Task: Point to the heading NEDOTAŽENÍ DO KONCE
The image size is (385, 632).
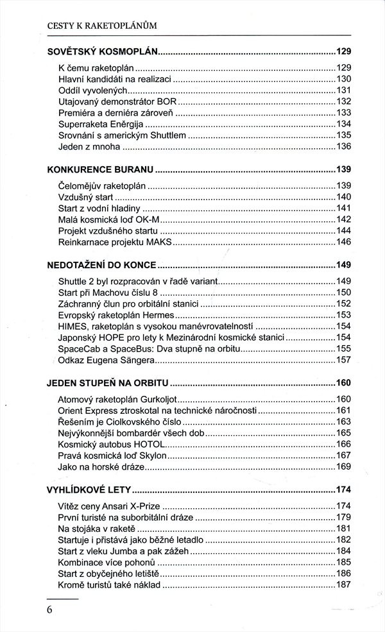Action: (102, 264)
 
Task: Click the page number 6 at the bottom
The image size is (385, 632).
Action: (49, 610)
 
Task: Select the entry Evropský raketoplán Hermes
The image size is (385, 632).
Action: (116, 315)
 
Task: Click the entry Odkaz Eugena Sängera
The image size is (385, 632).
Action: (107, 360)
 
